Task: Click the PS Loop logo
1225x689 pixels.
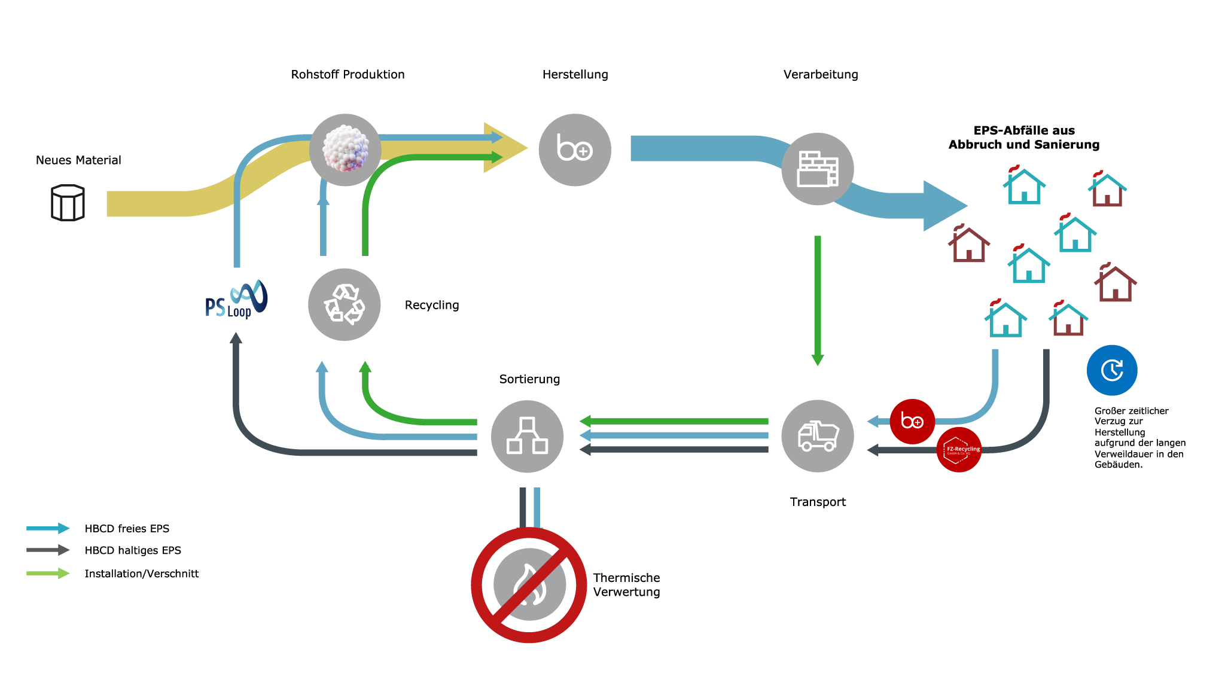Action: click(236, 299)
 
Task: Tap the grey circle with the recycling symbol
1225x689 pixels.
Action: click(344, 304)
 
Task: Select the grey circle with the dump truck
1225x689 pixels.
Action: click(818, 436)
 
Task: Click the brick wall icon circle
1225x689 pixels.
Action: click(818, 169)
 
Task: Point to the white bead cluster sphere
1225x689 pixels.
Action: click(345, 150)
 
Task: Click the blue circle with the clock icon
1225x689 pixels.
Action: click(1112, 370)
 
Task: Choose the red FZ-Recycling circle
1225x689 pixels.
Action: click(959, 450)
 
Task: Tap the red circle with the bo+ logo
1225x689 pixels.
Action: click(912, 421)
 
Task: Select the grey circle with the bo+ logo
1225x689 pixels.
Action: click(575, 150)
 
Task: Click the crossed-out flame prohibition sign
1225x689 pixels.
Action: click(529, 585)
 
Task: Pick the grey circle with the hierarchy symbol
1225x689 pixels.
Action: click(527, 436)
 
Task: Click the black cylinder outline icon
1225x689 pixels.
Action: click(68, 203)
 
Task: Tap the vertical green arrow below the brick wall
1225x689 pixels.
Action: click(818, 299)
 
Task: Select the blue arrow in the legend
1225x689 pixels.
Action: click(48, 528)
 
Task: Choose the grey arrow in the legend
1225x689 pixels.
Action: click(48, 550)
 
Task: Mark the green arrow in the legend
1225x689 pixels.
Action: click(48, 573)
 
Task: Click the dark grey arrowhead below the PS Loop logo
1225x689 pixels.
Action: click(236, 339)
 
